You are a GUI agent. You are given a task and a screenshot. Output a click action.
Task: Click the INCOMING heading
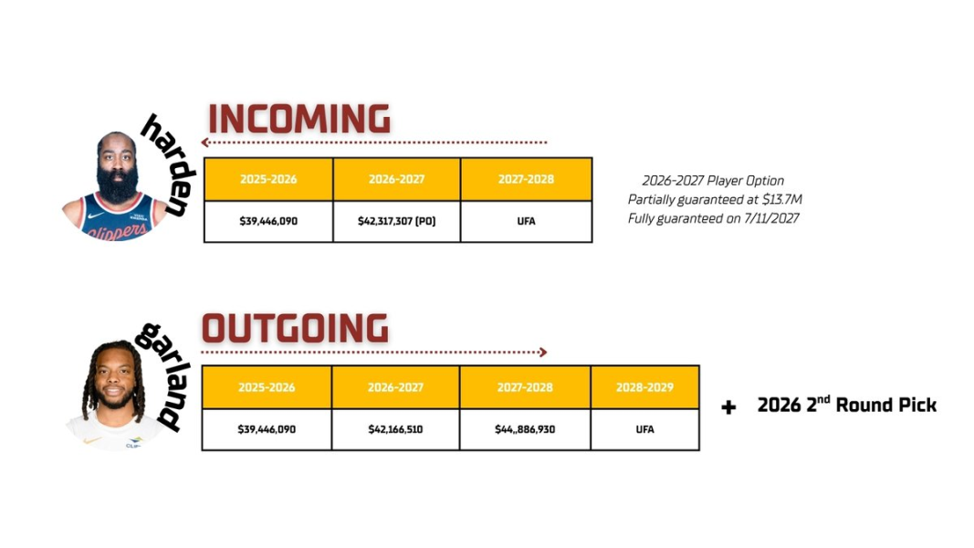(298, 119)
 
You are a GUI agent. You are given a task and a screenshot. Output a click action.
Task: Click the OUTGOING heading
(295, 328)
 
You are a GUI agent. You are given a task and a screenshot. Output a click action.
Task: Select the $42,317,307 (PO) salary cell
(396, 221)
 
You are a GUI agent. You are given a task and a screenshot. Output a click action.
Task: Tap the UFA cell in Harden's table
(526, 221)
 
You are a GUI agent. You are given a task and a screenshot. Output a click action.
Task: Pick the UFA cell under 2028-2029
(644, 429)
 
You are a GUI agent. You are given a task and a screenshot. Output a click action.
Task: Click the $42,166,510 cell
(395, 429)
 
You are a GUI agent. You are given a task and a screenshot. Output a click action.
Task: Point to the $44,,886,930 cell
(525, 429)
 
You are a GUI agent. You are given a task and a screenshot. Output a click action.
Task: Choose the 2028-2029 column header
(644, 387)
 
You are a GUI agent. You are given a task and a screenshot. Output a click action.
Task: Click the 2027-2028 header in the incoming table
(526, 179)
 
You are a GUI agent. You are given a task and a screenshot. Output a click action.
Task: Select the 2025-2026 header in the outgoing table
(267, 387)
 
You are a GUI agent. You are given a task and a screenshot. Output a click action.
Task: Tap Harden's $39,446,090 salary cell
(268, 221)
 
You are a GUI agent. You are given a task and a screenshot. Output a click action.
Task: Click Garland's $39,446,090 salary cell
(267, 429)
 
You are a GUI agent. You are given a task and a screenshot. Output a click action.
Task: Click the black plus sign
(728, 407)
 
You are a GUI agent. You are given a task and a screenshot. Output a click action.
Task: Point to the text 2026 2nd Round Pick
(847, 405)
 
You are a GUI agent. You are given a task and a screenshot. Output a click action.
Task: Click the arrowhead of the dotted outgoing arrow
(543, 353)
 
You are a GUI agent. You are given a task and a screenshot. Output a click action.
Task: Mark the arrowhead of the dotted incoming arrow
(204, 142)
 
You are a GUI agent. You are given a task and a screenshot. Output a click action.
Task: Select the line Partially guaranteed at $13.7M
(715, 199)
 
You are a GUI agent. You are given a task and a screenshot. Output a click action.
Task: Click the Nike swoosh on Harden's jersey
(96, 216)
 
